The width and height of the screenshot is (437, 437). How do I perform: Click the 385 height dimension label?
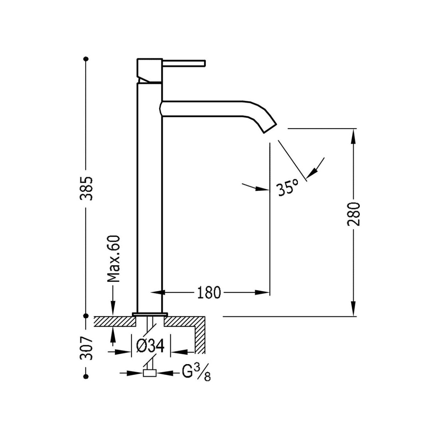(86, 188)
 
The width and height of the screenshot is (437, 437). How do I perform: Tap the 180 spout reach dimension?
(209, 292)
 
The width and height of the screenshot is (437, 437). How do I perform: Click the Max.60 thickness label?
(114, 259)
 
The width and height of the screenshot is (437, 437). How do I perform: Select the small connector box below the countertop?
(149, 373)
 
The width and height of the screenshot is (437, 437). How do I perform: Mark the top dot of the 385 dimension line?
(86, 58)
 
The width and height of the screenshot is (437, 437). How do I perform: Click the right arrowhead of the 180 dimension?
(265, 292)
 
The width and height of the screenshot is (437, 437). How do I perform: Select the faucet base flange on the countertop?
(150, 314)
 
